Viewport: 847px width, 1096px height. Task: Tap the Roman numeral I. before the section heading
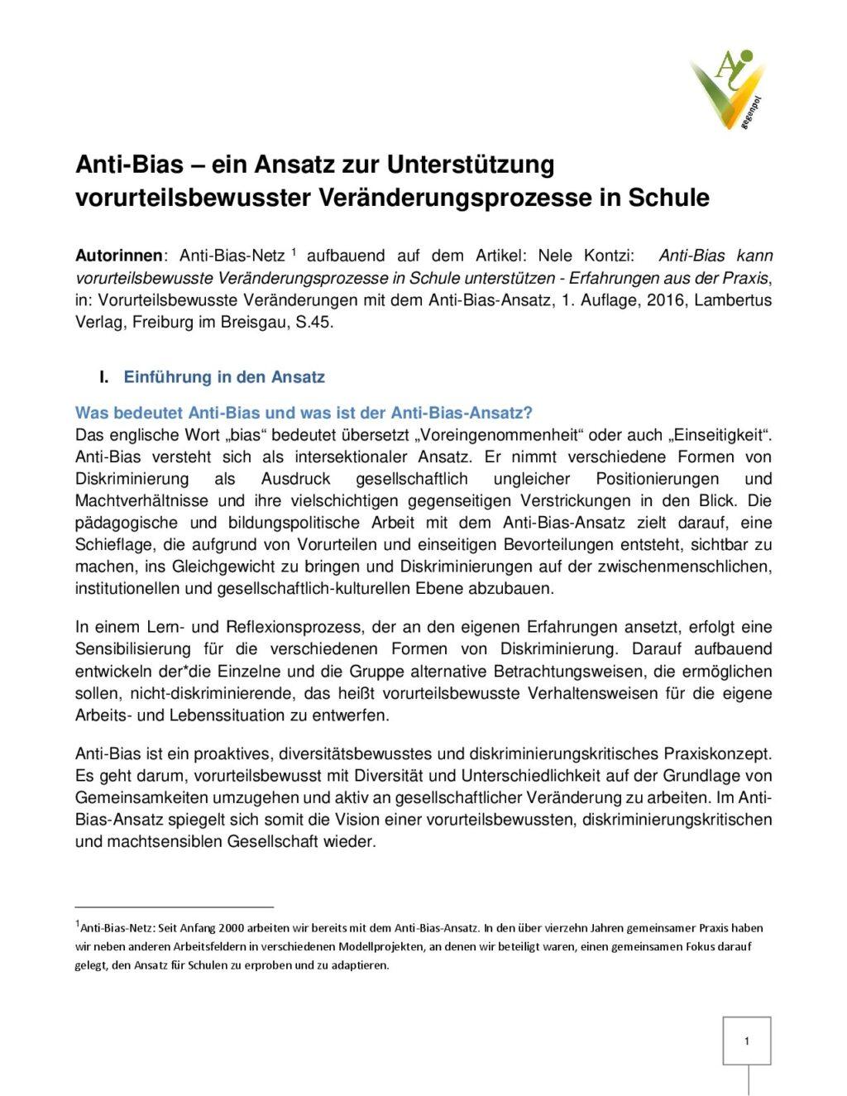click(x=104, y=377)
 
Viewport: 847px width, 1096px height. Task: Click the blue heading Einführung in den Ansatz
click(x=224, y=377)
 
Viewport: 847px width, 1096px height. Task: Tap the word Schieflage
click(x=114, y=544)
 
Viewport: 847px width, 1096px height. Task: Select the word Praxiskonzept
click(x=718, y=754)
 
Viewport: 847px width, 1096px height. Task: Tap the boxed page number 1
click(x=747, y=1041)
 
